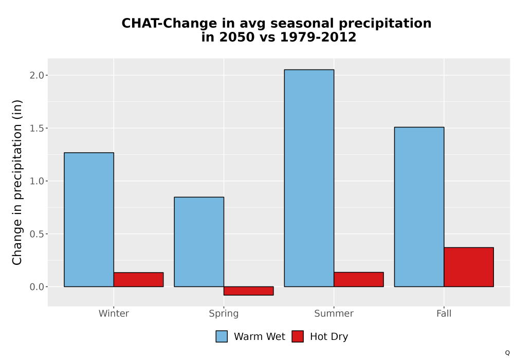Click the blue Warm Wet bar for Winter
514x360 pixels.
(x=89, y=220)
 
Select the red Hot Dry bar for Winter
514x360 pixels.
(x=138, y=280)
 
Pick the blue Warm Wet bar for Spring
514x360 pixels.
(x=199, y=242)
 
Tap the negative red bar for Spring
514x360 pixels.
(x=248, y=291)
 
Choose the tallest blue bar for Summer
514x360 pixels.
(x=309, y=178)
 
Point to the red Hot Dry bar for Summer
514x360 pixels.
(x=359, y=280)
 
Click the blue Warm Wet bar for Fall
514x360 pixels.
(x=419, y=207)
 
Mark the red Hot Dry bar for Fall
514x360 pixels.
(x=469, y=267)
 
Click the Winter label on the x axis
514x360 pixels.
(x=114, y=313)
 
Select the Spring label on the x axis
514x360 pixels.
(x=224, y=314)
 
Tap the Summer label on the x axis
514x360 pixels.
(x=334, y=313)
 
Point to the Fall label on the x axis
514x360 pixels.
(x=444, y=313)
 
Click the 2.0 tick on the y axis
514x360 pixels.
(x=36, y=76)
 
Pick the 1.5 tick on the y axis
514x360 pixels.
(x=36, y=128)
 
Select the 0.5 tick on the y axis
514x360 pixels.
(x=36, y=234)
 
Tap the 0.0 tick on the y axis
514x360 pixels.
(x=36, y=287)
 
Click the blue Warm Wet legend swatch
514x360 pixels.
(x=222, y=336)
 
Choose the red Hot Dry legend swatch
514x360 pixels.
(x=298, y=336)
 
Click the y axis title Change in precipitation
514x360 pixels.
(x=17, y=182)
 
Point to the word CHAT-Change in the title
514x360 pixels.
(x=169, y=24)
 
